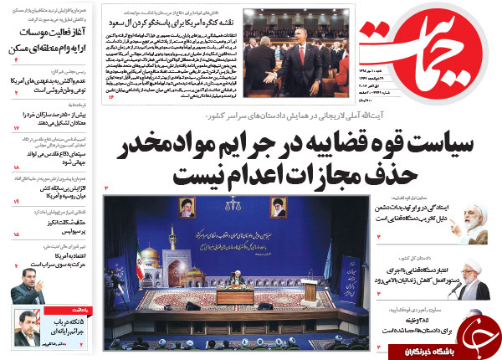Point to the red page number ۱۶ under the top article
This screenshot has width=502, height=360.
pos(110,97)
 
